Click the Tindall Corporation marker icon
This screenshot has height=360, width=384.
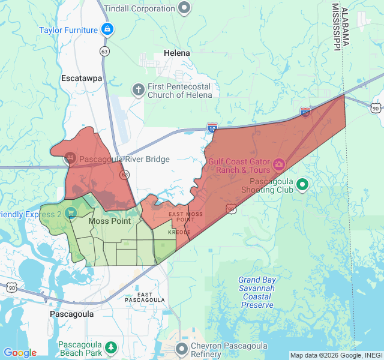coord(185,8)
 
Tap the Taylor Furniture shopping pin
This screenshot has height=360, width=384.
coord(107,29)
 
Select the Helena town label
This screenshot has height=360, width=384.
coord(176,53)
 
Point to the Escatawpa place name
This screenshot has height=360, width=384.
coord(82,78)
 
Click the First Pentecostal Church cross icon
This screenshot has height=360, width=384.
coord(138,89)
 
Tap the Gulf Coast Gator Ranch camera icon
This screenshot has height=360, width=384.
coord(279,164)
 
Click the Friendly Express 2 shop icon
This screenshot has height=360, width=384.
coord(71,212)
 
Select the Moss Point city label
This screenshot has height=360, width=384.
coord(109,221)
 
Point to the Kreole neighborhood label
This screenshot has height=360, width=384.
coord(179,232)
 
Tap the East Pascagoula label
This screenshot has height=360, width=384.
coord(145,296)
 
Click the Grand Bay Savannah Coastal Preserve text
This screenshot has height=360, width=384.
coord(257,292)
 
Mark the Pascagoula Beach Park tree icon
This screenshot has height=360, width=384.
coord(110,347)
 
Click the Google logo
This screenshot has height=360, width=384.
coord(20,353)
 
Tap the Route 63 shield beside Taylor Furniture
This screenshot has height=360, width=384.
coord(105,51)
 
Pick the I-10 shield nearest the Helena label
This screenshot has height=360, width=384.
coord(212,127)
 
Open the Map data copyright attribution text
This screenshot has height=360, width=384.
coord(335,355)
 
